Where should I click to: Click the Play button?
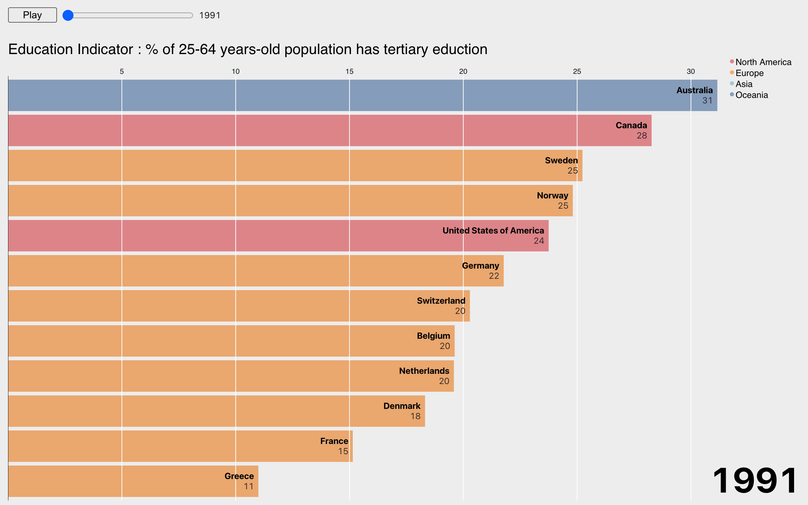32,15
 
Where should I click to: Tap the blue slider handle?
68,15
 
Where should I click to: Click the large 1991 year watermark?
755,481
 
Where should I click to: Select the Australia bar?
362,95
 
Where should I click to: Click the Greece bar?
133,481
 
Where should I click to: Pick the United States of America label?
493,231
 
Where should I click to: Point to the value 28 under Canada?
642,136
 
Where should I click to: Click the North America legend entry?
763,62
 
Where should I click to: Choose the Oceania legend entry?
751,95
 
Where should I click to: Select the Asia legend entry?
744,84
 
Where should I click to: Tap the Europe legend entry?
749,73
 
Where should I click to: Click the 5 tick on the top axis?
122,72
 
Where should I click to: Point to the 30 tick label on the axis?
691,72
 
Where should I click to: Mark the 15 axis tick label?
349,72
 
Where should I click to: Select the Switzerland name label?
441,301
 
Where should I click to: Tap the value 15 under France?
343,451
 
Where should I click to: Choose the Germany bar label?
480,266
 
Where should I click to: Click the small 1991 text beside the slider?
209,15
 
